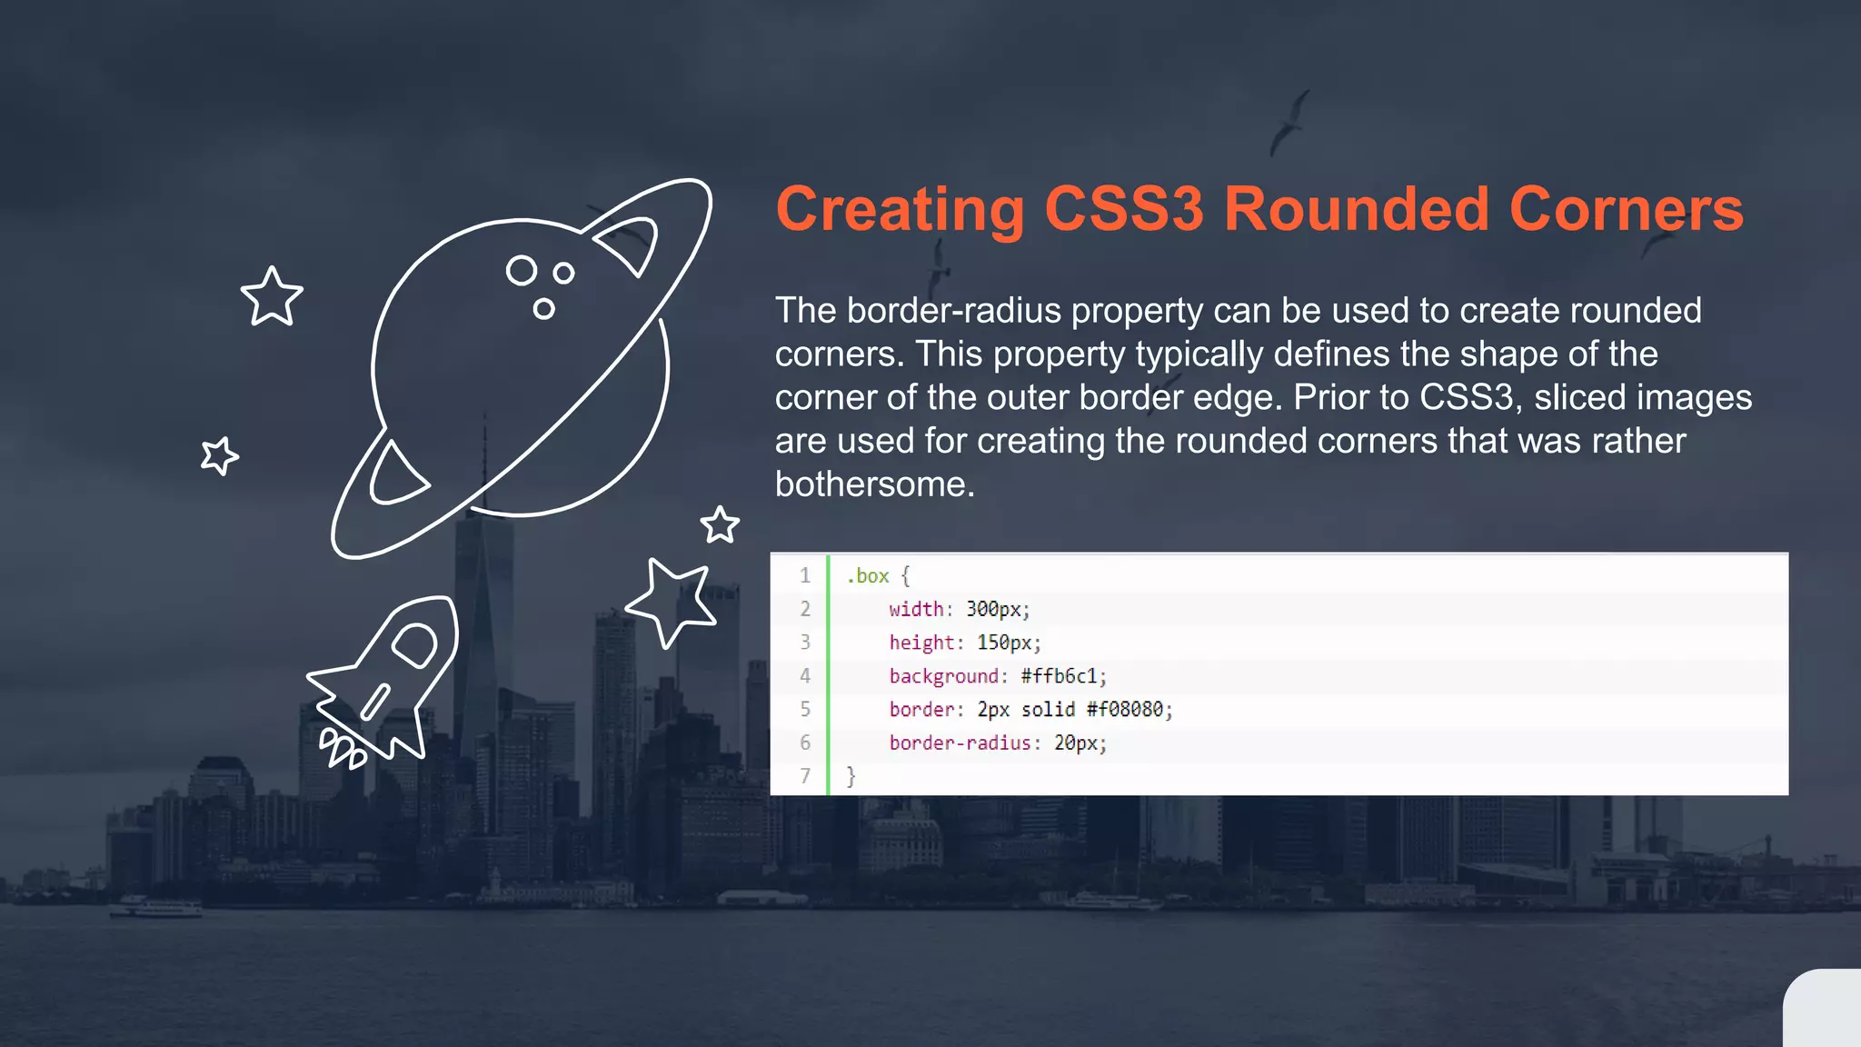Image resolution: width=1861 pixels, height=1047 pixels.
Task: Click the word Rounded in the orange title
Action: [x=1357, y=210]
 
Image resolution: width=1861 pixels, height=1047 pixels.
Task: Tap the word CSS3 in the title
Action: [x=1124, y=210]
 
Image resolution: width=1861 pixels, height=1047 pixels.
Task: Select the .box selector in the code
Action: [x=868, y=576]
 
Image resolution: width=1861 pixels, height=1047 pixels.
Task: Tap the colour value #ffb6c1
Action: [x=1059, y=676]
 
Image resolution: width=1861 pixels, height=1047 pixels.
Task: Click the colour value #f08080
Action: [x=1124, y=710]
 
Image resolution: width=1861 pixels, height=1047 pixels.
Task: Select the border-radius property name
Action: [x=960, y=743]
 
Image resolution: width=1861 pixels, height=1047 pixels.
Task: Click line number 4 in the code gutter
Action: [x=805, y=676]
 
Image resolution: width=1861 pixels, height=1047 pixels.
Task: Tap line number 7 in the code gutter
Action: [x=805, y=776]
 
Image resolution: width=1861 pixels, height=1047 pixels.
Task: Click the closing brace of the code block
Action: [x=851, y=776]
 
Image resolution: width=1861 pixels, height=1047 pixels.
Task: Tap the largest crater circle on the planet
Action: [x=522, y=270]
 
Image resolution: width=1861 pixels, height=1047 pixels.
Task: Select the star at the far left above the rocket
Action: [x=220, y=455]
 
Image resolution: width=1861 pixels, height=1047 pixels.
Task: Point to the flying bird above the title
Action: [x=1290, y=121]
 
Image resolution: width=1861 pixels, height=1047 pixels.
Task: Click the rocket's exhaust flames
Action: [x=343, y=749]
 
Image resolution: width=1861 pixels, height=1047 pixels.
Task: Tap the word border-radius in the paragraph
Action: [x=918, y=311]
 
